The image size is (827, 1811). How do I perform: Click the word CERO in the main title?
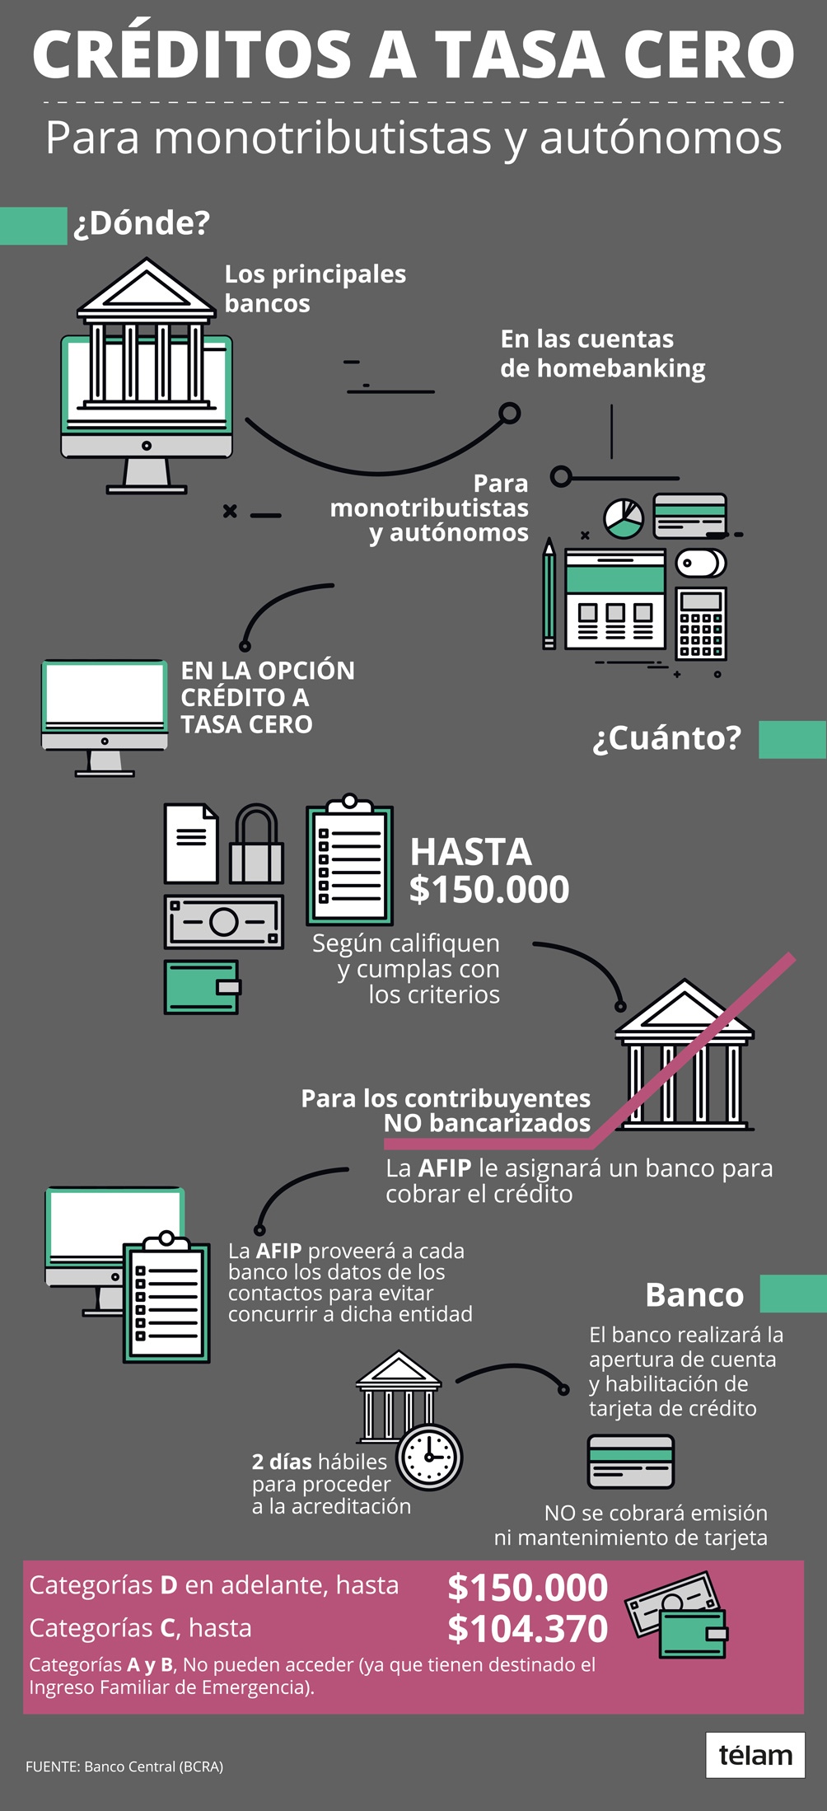pos(708,54)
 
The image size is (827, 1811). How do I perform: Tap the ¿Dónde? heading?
pos(142,223)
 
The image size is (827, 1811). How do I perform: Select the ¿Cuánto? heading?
pos(667,738)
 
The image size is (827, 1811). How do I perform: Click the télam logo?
pos(755,1755)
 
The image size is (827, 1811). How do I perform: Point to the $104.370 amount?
pos(527,1629)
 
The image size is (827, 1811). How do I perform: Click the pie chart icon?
pos(624,517)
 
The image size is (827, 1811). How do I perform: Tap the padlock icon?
pos(256,845)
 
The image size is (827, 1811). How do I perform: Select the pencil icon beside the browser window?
pos(549,592)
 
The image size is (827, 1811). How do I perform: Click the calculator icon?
pos(701,623)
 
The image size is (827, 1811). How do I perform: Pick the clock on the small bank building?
pos(429,1456)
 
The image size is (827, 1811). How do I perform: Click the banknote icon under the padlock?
pos(224,922)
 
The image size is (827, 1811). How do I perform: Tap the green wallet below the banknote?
pos(202,986)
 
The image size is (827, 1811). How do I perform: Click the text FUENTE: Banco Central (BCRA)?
pos(124,1767)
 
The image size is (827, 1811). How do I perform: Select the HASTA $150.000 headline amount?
pos(488,871)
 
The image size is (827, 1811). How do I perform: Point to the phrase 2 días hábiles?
pos(319,1462)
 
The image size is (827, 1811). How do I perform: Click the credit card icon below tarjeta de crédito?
pos(631,1462)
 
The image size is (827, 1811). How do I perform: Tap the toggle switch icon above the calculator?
pos(701,564)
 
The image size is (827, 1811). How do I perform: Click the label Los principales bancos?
pos(315,288)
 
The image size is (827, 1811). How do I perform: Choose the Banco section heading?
pos(694,1294)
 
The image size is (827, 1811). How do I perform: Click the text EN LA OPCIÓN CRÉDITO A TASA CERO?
pos(268,697)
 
